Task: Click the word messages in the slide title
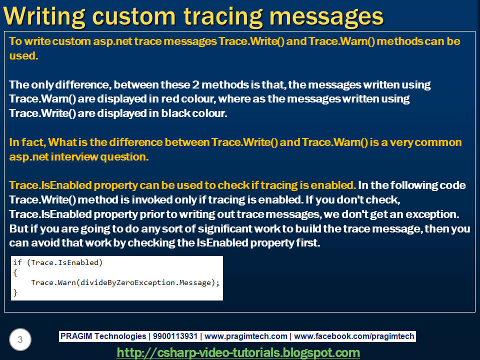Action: click(326, 17)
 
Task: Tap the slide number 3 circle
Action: click(20, 339)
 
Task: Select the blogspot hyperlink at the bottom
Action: click(238, 352)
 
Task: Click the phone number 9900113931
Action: click(175, 336)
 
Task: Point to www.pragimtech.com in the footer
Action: click(246, 336)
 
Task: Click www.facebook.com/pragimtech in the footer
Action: click(354, 336)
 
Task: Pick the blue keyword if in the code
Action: click(17, 262)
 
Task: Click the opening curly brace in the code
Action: click(15, 273)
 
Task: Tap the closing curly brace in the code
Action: click(15, 292)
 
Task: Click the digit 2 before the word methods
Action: click(195, 85)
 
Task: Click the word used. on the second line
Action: click(23, 55)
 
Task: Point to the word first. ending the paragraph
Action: click(308, 243)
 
